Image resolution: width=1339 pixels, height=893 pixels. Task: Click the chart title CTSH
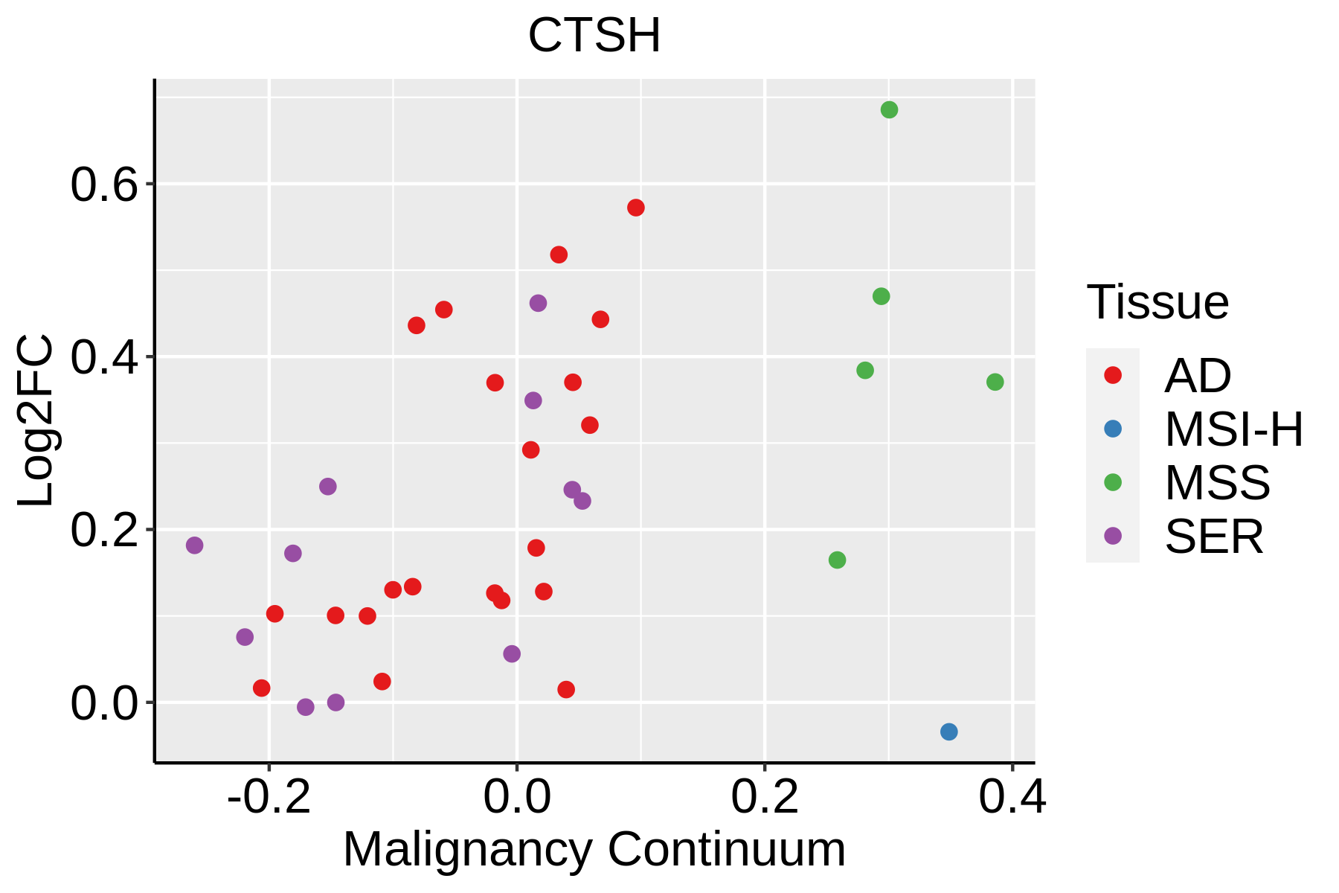[x=594, y=35]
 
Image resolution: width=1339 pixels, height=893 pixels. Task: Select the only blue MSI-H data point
[x=948, y=732]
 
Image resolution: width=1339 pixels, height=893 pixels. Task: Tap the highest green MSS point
[x=889, y=110]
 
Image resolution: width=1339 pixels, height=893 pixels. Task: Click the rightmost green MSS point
[x=995, y=382]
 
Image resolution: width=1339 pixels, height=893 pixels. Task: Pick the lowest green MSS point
[x=837, y=560]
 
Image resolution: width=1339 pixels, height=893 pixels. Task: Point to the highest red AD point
[x=635, y=208]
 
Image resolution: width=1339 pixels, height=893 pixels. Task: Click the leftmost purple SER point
[x=194, y=545]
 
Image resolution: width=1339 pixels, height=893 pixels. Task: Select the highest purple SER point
[x=538, y=303]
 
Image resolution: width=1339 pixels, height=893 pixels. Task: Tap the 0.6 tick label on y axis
[x=105, y=185]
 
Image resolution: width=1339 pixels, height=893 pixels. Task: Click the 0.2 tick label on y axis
[x=105, y=531]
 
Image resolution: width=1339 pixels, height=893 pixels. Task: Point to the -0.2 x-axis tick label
[x=269, y=797]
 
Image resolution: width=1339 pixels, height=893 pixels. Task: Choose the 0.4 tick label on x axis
[x=1012, y=797]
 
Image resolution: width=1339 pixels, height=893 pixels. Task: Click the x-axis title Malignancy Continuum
[x=594, y=849]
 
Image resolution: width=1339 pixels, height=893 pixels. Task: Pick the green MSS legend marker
[x=1113, y=482]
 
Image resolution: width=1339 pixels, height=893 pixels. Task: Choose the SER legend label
[x=1214, y=537]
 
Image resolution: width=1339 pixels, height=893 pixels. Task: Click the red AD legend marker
[x=1113, y=375]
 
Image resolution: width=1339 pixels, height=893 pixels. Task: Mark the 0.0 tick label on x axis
[x=517, y=797]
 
